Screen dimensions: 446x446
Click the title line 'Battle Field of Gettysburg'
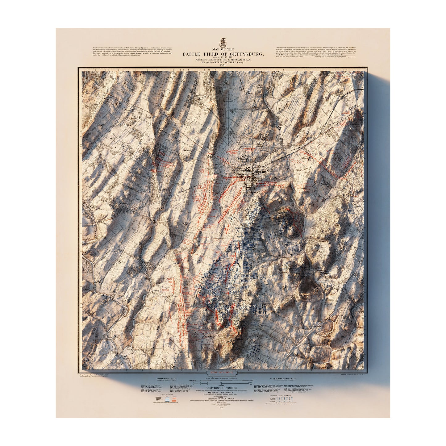point(223,54)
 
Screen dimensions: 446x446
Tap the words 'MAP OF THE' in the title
point(223,49)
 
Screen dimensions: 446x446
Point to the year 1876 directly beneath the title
point(223,65)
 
